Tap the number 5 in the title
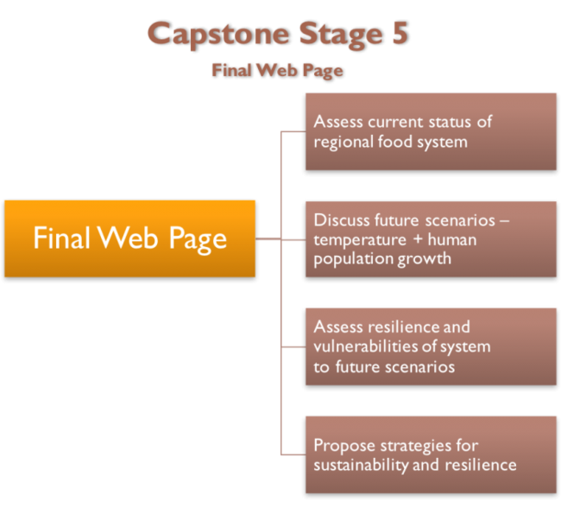(x=396, y=35)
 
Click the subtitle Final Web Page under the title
(x=277, y=71)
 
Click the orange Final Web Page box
(x=129, y=238)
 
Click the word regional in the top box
(x=343, y=142)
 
